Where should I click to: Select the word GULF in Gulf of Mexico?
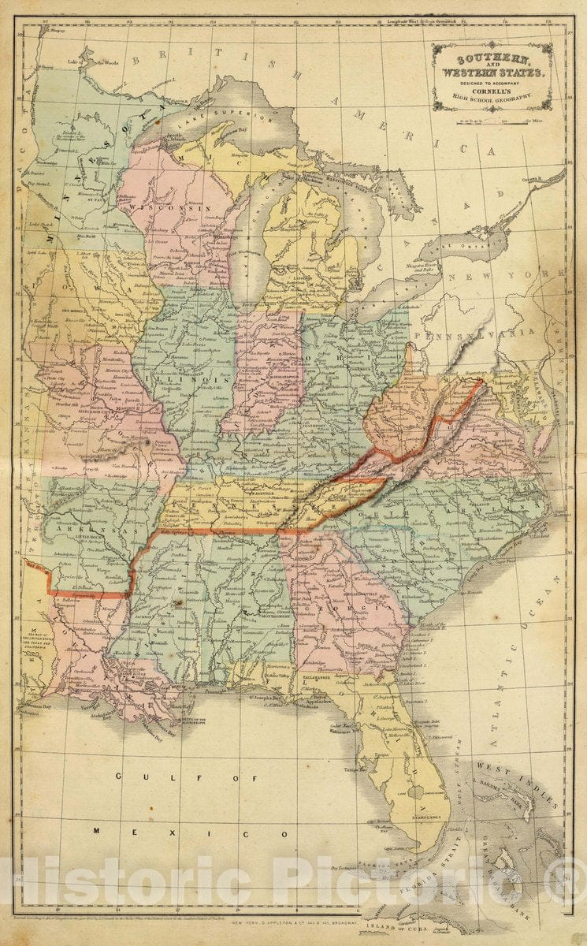point(131,777)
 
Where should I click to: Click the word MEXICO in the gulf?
point(197,832)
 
